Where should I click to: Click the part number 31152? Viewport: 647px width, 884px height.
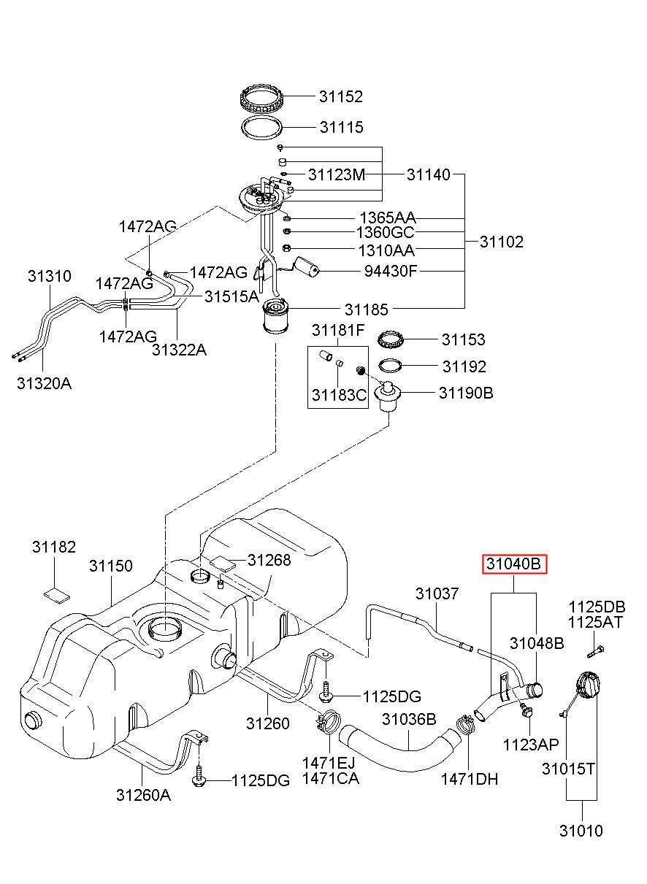pyautogui.click(x=340, y=96)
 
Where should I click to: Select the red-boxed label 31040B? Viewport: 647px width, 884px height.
pyautogui.click(x=514, y=564)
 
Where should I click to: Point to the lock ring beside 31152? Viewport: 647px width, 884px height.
pyautogui.click(x=262, y=96)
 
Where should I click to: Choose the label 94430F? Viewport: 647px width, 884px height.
pyautogui.click(x=391, y=272)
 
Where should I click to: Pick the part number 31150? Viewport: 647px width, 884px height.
pyautogui.click(x=111, y=566)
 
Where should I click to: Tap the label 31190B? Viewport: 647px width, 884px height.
pyautogui.click(x=466, y=393)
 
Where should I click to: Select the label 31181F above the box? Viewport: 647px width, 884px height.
pyautogui.click(x=337, y=331)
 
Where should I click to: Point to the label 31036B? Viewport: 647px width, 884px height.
pyautogui.click(x=409, y=720)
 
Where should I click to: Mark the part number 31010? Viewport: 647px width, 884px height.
pyautogui.click(x=581, y=830)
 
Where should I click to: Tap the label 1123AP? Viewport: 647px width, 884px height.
pyautogui.click(x=531, y=744)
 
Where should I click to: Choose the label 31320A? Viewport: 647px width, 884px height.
pyautogui.click(x=45, y=383)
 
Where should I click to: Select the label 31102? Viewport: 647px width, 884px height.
pyautogui.click(x=502, y=242)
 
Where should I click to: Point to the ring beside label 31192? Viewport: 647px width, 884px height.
pyautogui.click(x=391, y=366)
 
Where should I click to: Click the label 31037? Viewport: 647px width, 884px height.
pyautogui.click(x=437, y=593)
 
